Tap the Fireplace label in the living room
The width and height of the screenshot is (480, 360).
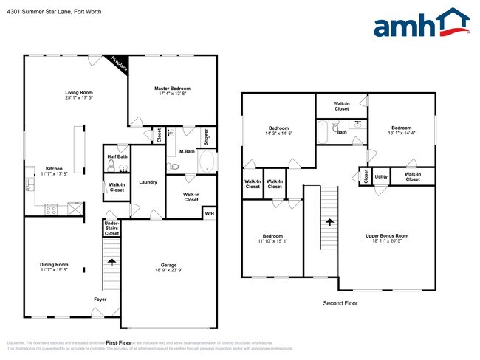pyautogui.click(x=119, y=64)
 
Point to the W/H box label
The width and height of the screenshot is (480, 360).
pyautogui.click(x=209, y=214)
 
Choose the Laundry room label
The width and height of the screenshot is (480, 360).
pyautogui.click(x=148, y=182)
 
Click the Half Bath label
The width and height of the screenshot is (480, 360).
pyautogui.click(x=117, y=156)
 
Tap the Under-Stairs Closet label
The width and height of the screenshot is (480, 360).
pyautogui.click(x=112, y=228)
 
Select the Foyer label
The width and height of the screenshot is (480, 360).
pyautogui.click(x=100, y=299)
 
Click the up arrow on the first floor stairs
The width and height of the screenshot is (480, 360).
pyautogui.click(x=112, y=261)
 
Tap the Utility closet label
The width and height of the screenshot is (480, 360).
pyautogui.click(x=381, y=177)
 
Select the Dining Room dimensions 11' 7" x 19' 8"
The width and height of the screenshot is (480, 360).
pyautogui.click(x=54, y=270)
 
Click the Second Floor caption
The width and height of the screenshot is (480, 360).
pyautogui.click(x=340, y=303)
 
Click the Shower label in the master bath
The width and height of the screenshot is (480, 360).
pyautogui.click(x=206, y=137)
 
